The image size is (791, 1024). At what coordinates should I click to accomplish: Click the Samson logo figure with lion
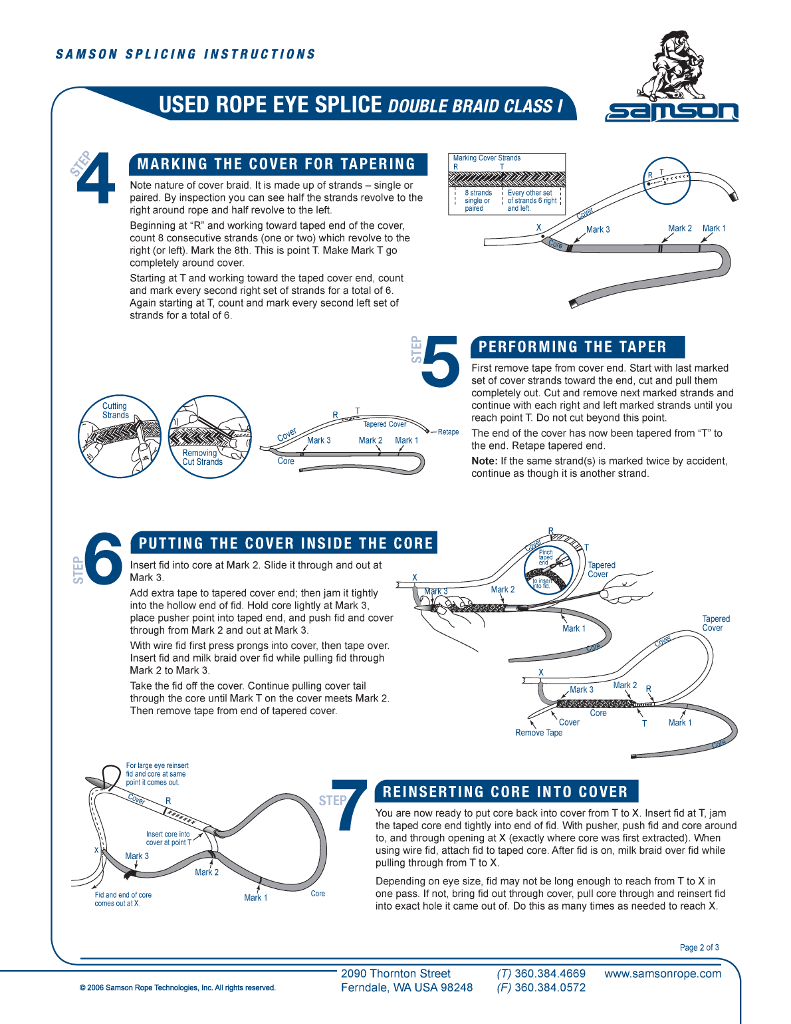(671, 66)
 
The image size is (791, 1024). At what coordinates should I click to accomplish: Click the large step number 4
(97, 178)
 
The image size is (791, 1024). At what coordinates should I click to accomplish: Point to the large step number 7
(352, 806)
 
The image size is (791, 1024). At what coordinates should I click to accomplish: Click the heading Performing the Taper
(572, 347)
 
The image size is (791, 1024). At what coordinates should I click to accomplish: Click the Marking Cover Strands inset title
(487, 158)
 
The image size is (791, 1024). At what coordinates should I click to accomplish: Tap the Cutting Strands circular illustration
(120, 436)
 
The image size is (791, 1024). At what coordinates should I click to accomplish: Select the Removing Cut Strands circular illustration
(209, 436)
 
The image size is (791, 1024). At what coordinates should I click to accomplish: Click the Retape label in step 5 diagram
(448, 432)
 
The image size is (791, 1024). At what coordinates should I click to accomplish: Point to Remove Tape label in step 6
(538, 733)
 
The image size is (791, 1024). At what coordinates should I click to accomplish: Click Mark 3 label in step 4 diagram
(598, 229)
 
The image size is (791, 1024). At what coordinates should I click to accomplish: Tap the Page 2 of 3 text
(699, 948)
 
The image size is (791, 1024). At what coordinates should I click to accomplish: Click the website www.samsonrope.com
(662, 973)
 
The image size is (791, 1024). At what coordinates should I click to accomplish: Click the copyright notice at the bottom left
(177, 987)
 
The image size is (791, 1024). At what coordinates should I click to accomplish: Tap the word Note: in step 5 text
(484, 461)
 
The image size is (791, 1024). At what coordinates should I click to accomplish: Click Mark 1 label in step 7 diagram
(255, 898)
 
